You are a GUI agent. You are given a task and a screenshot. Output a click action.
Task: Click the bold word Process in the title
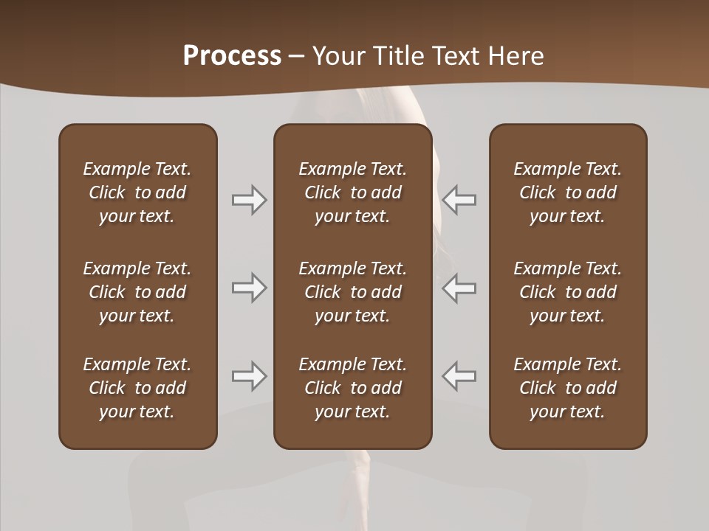232,56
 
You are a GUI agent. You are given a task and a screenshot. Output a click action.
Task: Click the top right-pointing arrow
249,200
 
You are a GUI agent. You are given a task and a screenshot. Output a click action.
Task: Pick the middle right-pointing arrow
249,288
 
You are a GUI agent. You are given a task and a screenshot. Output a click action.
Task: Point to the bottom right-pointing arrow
249,376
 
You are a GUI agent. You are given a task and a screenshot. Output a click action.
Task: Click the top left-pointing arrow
459,200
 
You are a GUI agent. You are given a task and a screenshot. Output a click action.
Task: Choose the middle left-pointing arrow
459,288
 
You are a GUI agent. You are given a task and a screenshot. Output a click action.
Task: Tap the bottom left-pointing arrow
459,376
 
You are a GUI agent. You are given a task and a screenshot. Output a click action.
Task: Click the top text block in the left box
137,192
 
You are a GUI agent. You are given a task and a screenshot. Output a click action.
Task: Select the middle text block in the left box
137,292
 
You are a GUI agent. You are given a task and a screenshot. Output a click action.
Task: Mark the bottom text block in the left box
137,388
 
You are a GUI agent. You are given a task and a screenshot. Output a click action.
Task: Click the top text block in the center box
353,192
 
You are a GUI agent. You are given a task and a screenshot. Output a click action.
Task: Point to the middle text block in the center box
353,292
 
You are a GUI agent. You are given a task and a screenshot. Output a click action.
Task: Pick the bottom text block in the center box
353,388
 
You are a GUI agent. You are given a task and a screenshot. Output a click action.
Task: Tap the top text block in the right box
568,192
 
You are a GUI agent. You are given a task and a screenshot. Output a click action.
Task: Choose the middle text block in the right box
568,292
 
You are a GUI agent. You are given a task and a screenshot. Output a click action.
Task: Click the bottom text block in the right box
568,388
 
